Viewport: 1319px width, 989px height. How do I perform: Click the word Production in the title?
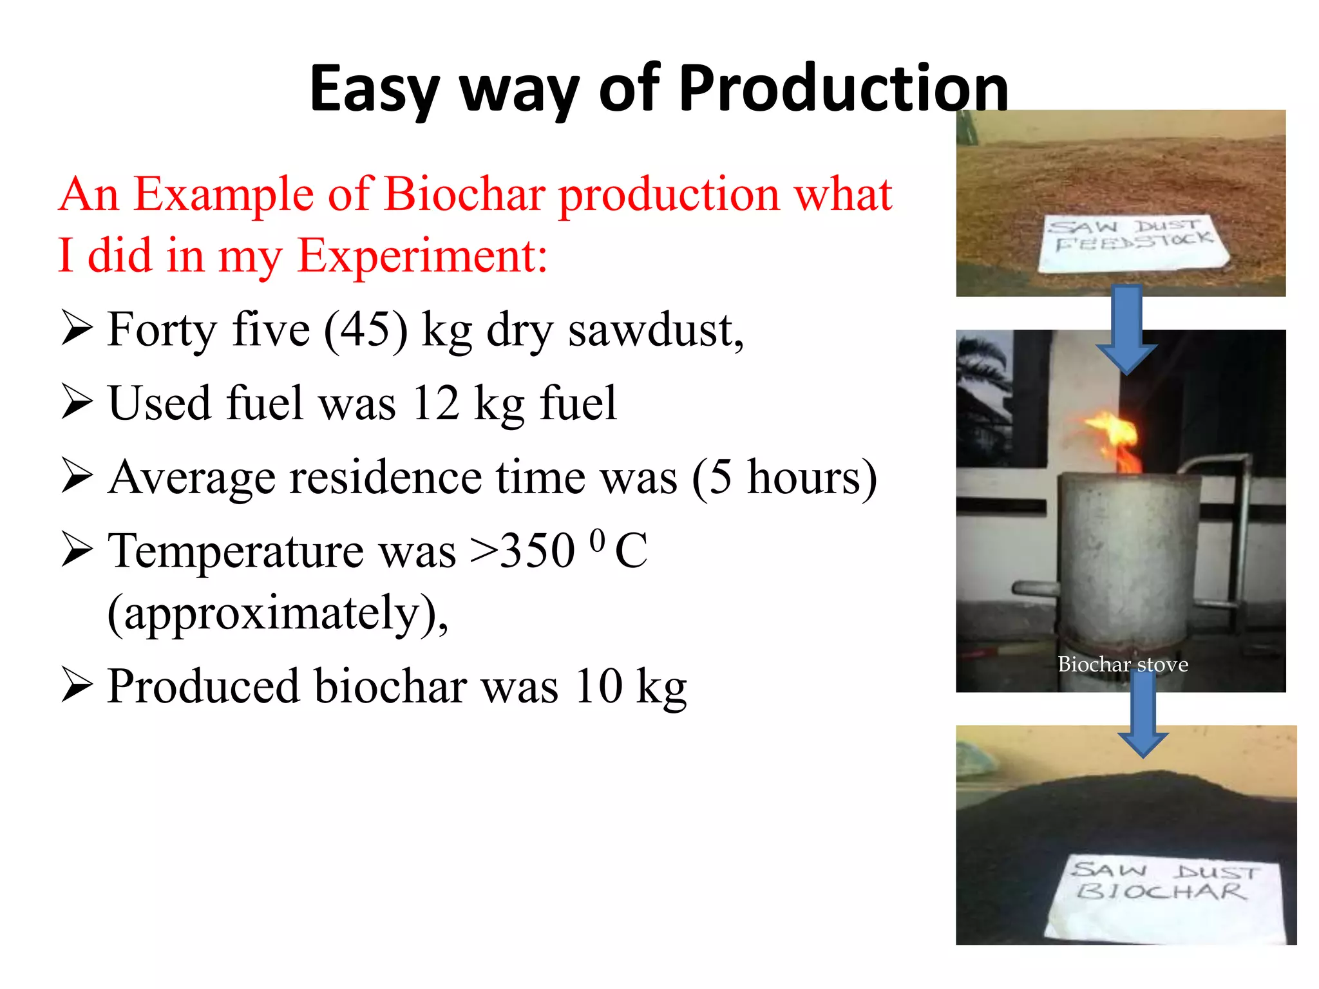(843, 88)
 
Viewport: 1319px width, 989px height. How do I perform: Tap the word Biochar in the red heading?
(464, 194)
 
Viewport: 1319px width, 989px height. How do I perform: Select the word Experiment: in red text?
(422, 256)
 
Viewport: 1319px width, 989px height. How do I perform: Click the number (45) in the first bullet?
(365, 330)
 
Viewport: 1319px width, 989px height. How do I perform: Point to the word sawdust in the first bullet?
(655, 330)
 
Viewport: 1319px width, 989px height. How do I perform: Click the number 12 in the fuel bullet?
(435, 404)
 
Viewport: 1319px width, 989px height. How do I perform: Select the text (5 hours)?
(784, 478)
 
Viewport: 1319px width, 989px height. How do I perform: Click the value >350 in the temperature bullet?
(522, 551)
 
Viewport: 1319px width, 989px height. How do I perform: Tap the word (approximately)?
(278, 613)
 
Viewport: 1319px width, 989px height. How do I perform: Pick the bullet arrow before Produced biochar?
(77, 685)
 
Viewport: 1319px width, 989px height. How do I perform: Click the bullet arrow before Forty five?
(77, 328)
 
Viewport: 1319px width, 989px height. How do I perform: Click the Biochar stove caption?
(1123, 664)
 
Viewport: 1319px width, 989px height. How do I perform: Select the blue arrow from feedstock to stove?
(1126, 328)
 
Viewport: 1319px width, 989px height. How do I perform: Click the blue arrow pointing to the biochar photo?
(1143, 715)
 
